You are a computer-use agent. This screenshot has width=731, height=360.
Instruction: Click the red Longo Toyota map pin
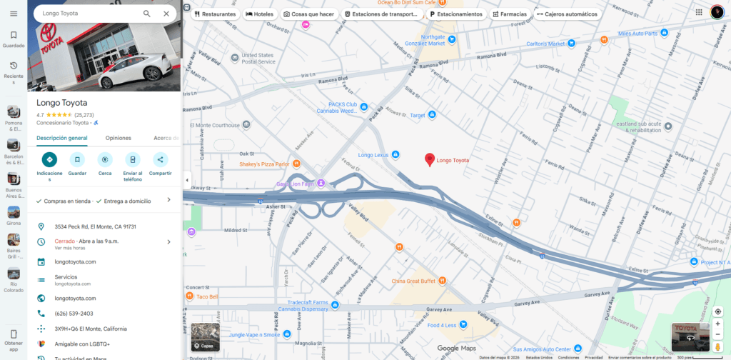[429, 160]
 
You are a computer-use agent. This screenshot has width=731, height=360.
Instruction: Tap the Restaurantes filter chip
[215, 14]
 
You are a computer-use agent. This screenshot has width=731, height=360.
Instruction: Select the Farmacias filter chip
[510, 14]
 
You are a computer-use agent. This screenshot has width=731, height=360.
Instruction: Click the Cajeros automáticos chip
[568, 14]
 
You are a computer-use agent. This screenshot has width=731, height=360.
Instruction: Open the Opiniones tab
[119, 138]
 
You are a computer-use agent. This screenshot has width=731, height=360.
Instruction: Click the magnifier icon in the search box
[147, 14]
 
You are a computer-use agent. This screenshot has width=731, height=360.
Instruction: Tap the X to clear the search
[166, 14]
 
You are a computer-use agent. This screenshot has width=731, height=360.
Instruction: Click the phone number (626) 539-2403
[74, 314]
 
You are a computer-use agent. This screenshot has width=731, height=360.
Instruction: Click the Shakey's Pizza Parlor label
[264, 164]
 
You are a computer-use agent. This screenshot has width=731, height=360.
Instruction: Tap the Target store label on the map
[417, 115]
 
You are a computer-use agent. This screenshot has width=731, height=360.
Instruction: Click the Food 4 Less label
[442, 325]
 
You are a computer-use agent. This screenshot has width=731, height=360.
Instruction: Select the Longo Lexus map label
[373, 155]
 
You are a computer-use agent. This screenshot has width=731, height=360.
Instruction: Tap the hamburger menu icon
[14, 14]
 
